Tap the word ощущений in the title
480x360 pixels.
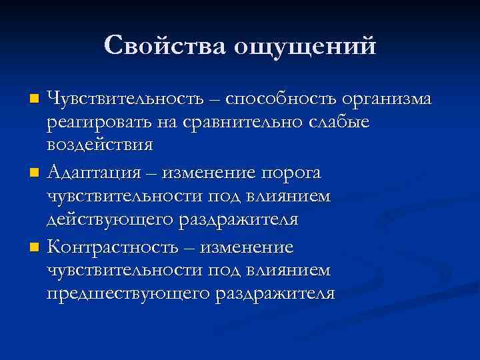(x=304, y=47)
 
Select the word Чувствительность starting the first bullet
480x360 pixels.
(x=125, y=99)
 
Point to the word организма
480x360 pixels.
(x=387, y=101)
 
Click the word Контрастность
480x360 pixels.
(x=113, y=247)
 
